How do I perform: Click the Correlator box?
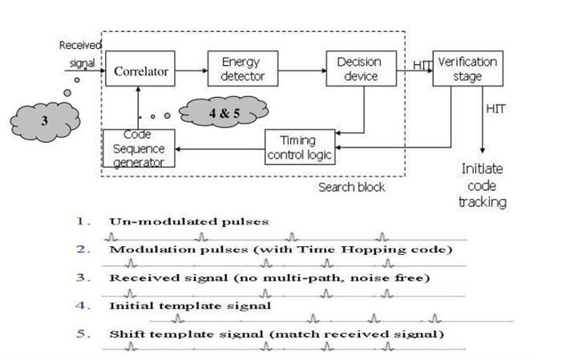(x=142, y=71)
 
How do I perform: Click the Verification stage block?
(x=466, y=69)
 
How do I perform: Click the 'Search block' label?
(x=351, y=187)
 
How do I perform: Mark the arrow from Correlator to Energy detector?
(x=191, y=71)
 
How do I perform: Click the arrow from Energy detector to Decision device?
(x=296, y=71)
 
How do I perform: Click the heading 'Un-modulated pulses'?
(x=188, y=220)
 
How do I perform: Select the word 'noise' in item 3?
(x=362, y=277)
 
